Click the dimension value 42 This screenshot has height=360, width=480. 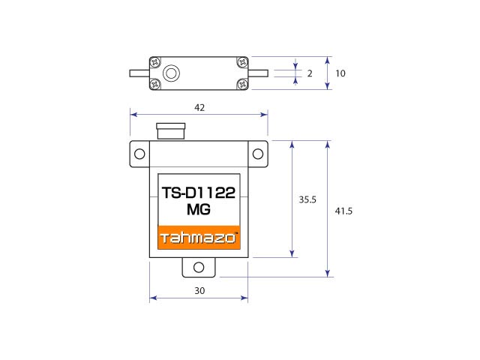199,107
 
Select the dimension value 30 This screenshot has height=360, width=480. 199,290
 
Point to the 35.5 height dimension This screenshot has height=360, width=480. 307,199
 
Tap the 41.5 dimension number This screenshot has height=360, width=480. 343,211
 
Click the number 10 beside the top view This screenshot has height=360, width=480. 340,73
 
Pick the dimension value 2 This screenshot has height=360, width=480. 310,73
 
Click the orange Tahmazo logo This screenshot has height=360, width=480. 199,238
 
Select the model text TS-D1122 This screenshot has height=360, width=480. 199,193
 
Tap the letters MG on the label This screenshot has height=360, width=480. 199,209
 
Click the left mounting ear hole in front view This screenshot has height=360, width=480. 139,154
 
